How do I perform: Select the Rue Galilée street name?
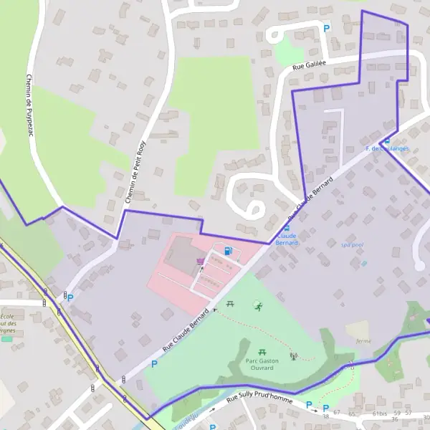coord(309,65)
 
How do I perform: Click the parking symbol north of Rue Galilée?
coord(327,29)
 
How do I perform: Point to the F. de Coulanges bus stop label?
coord(387,148)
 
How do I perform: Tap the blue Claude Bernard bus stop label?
coord(287,239)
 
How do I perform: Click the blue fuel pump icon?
coord(228,251)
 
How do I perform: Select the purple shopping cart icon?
coord(200,261)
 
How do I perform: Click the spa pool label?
coord(352,244)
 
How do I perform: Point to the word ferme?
coord(363,341)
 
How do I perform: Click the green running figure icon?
coord(257,306)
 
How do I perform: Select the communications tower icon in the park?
coord(292,355)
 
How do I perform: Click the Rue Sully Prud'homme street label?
coord(259,398)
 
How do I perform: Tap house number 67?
coord(337,413)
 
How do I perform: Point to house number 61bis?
coord(380,414)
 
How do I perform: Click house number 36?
coord(395,419)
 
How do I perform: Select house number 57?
coord(408,413)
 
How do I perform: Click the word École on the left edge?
coord(7,317)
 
